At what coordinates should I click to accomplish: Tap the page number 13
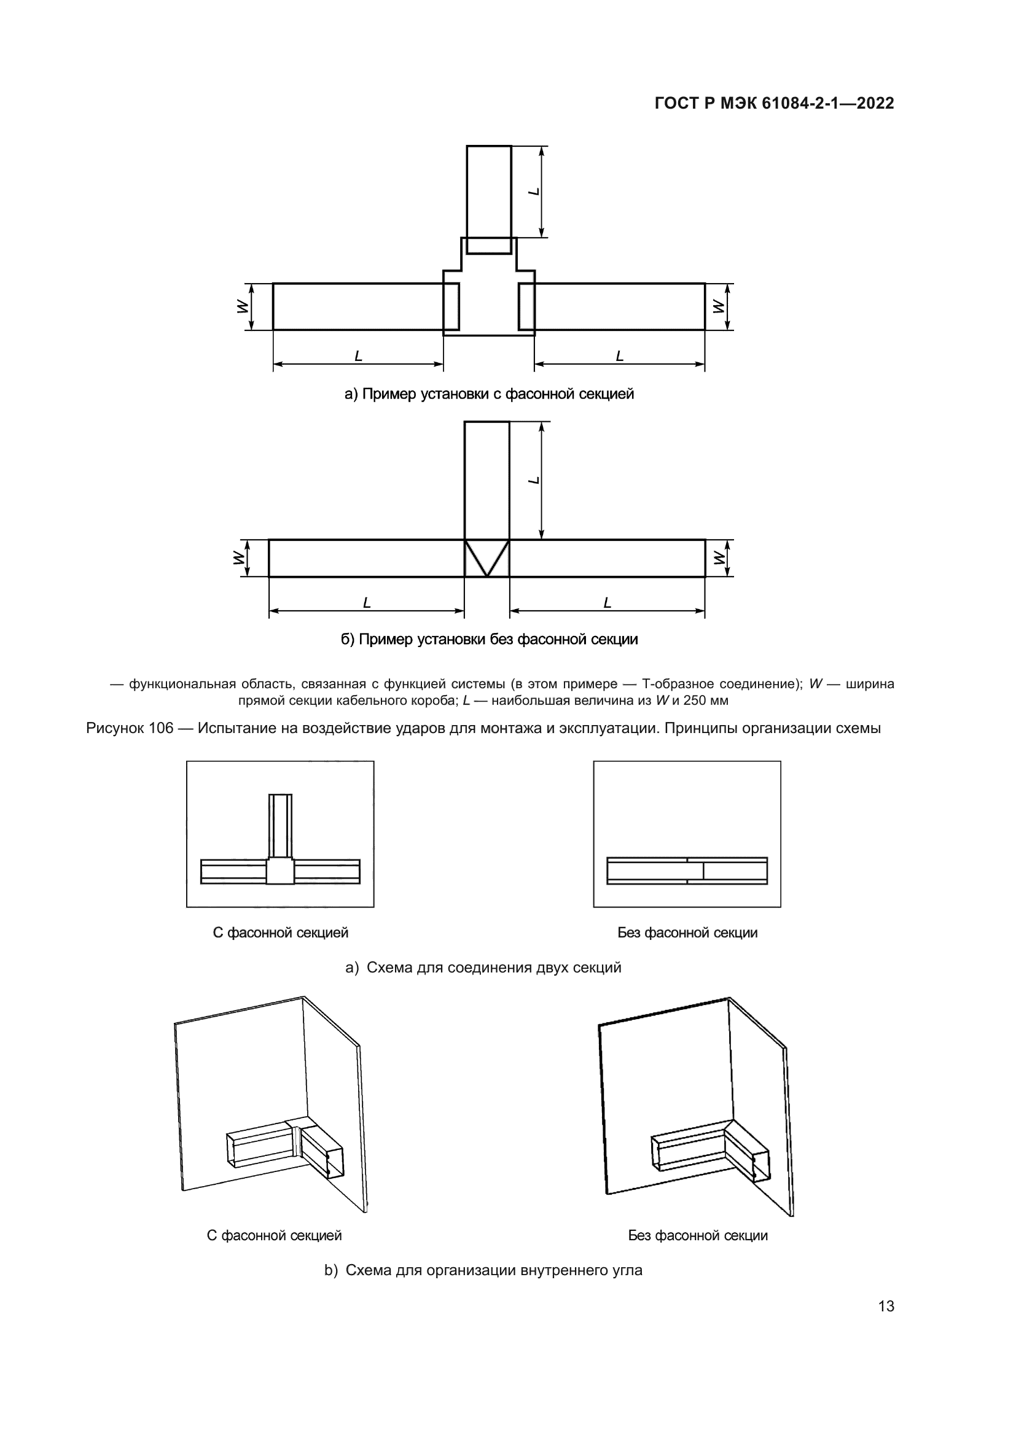886,1306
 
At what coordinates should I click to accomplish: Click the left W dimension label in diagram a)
241,306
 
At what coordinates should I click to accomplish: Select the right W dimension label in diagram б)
719,557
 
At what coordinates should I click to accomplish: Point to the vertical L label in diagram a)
534,191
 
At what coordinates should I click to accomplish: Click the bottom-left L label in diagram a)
359,356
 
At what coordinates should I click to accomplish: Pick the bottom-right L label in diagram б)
607,603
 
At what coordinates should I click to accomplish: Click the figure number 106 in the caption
161,728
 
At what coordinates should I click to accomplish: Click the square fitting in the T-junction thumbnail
280,871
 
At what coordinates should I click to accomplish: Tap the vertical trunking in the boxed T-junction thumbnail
280,826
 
